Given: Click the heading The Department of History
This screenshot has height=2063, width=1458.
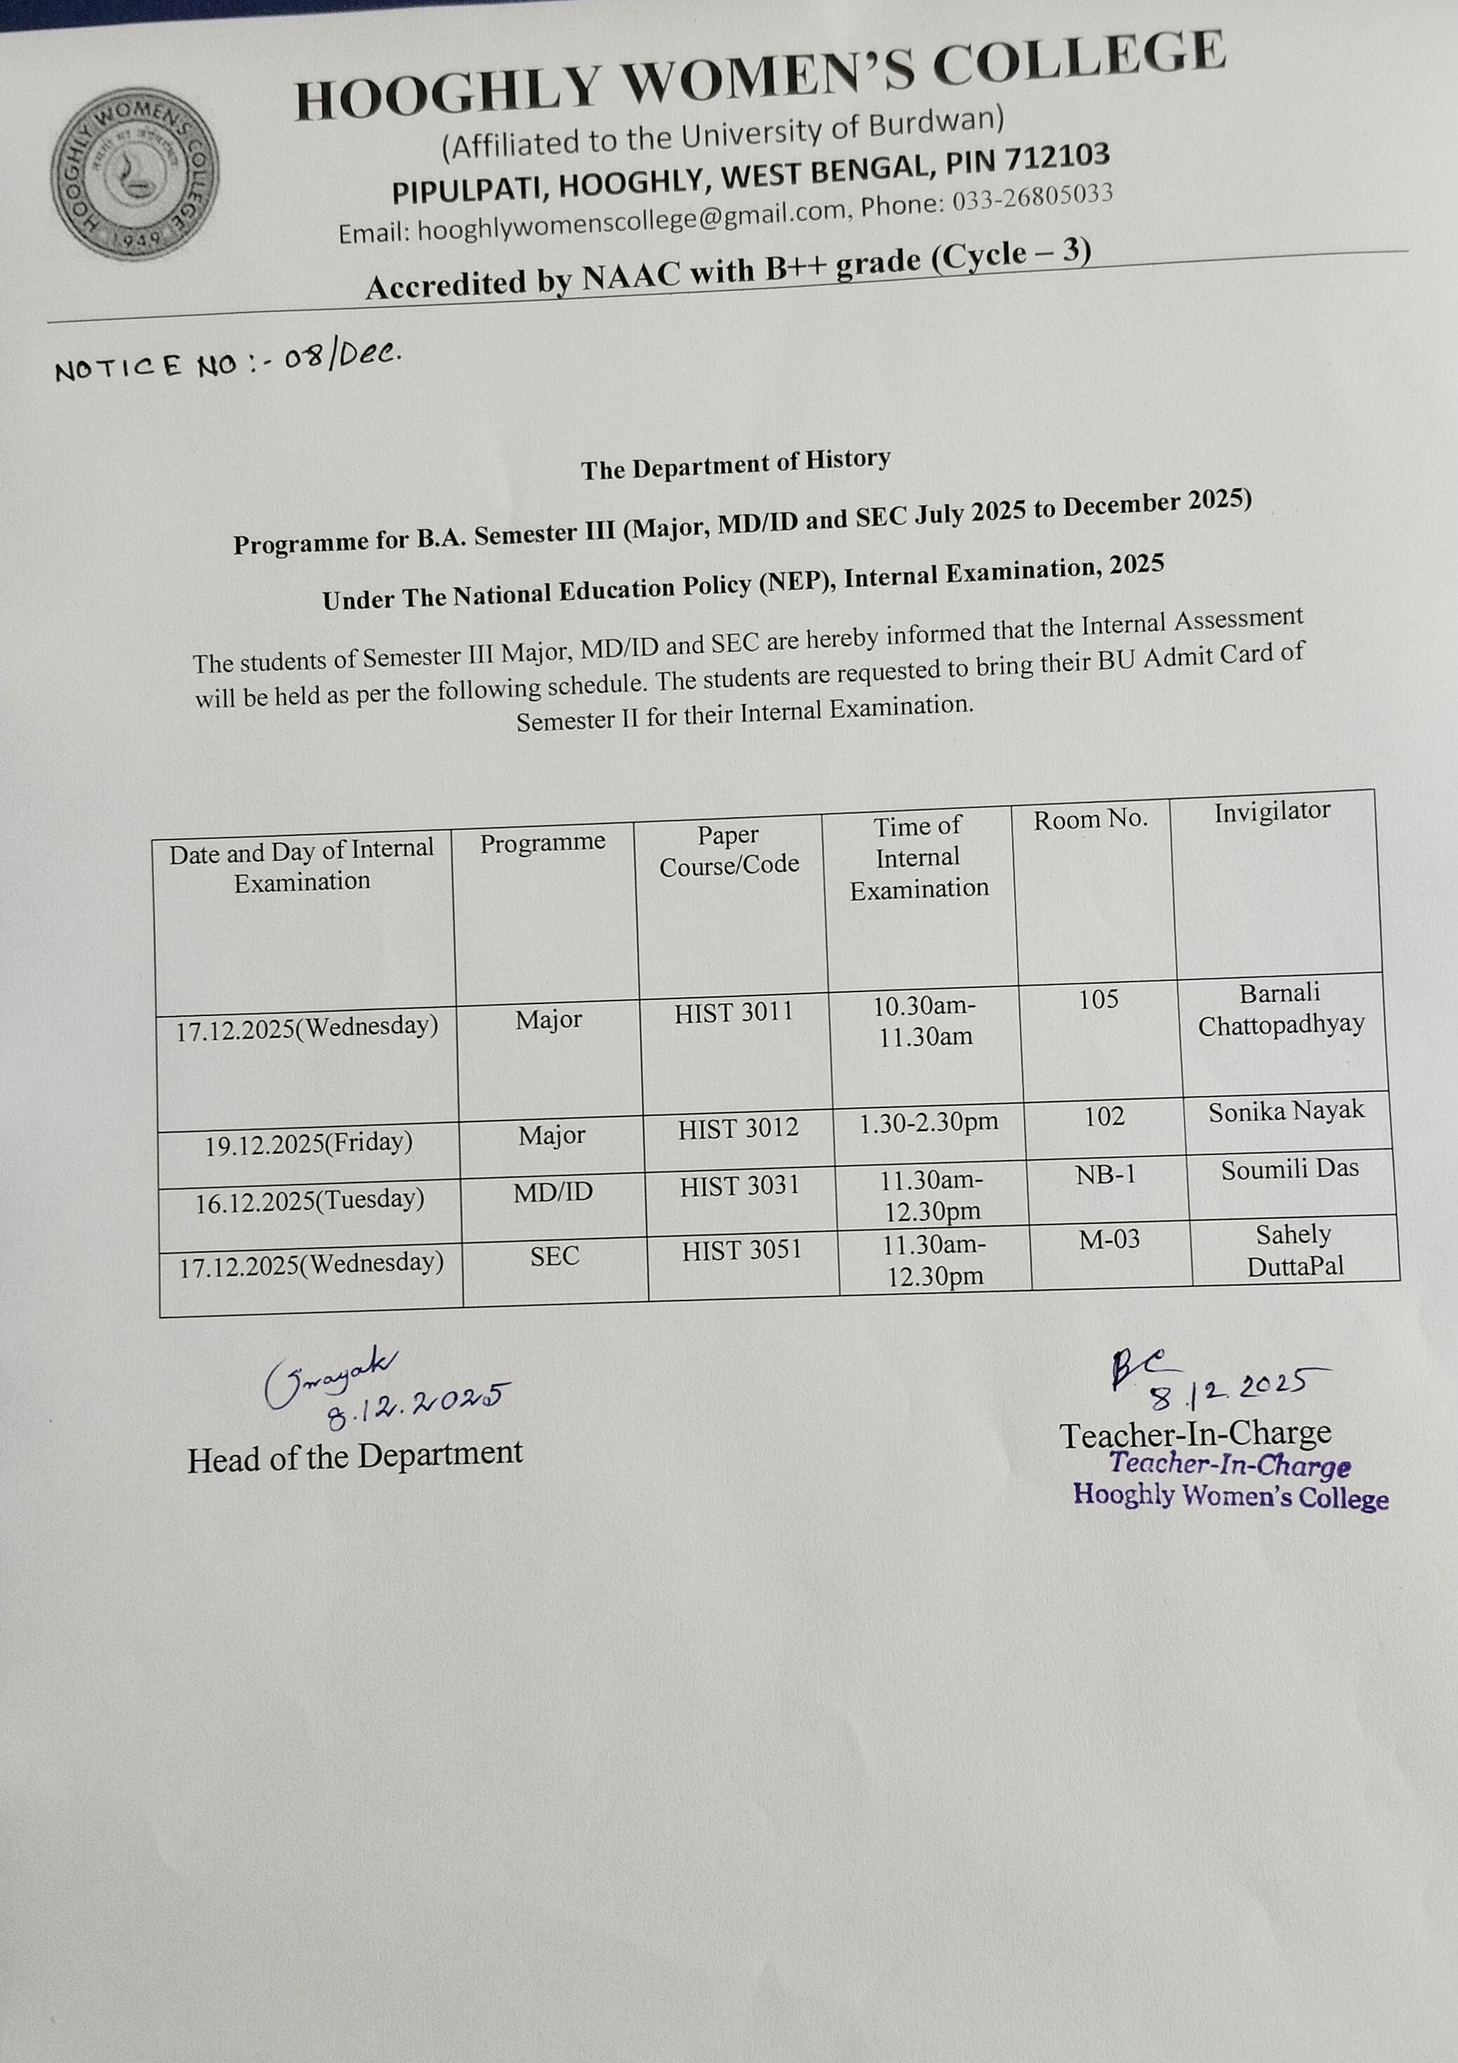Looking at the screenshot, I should (735, 464).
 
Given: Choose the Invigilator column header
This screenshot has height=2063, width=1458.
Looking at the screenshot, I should (1271, 812).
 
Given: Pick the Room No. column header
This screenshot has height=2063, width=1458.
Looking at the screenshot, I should (1090, 819).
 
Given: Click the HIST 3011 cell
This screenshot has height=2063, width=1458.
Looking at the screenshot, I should (734, 1013).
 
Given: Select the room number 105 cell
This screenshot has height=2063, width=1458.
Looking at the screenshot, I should (1098, 999).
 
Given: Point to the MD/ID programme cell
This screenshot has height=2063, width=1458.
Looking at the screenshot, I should (553, 1192).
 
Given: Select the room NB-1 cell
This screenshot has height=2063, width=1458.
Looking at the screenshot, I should (1106, 1174).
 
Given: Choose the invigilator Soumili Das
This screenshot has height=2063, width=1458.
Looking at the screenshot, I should (1289, 1169).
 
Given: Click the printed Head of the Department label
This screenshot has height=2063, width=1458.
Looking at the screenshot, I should (355, 1457).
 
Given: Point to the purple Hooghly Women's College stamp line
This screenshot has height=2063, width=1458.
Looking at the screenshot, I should (1230, 1496).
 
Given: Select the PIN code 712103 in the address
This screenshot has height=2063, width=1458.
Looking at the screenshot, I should (1058, 159).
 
